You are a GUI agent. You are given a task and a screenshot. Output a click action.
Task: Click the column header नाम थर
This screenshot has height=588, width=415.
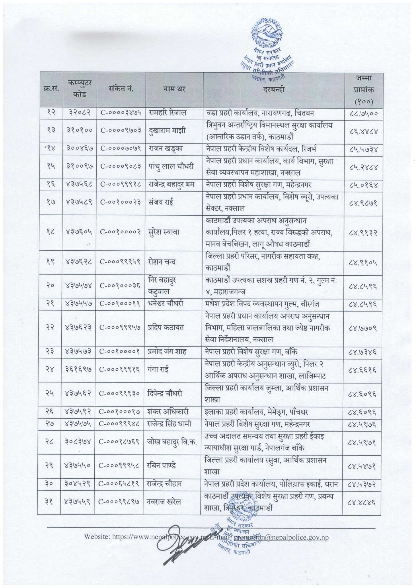pyautogui.click(x=174, y=89)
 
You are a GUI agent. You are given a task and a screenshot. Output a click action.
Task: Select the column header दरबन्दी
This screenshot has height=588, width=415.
pyautogui.click(x=274, y=89)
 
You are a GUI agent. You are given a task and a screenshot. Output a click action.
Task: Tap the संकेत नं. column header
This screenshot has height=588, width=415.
pyautogui.click(x=122, y=89)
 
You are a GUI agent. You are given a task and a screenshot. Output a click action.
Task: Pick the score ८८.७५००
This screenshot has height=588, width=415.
pyautogui.click(x=363, y=113)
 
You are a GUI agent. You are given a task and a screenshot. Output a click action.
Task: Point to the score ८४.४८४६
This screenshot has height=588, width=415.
pyautogui.click(x=363, y=502)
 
